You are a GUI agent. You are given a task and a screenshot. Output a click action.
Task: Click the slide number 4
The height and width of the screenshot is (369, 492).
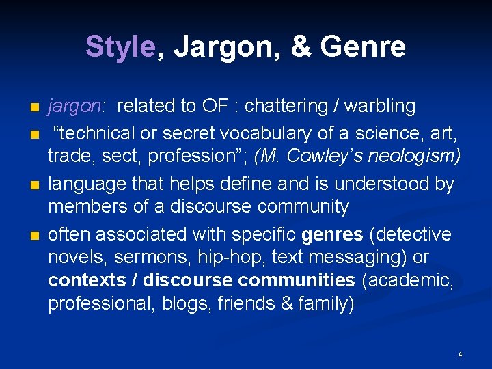[460, 355]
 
